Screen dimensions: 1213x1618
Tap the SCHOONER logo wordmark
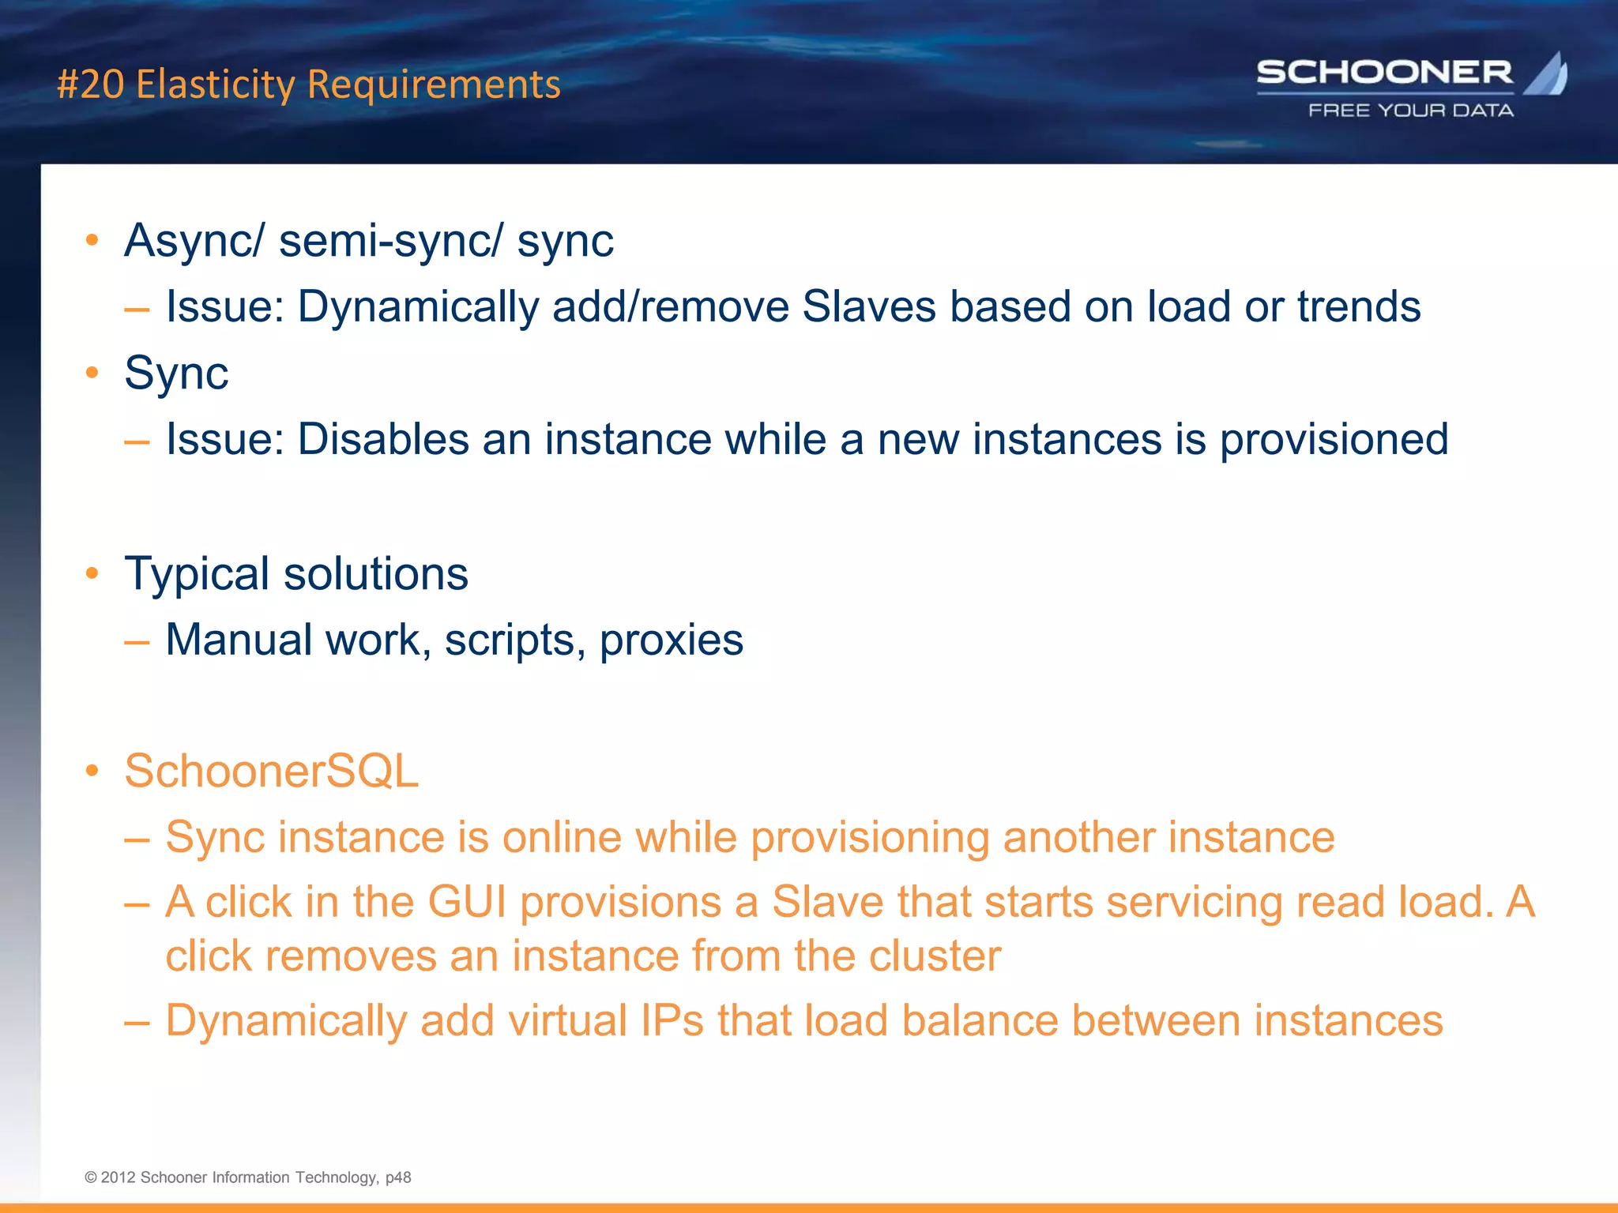(x=1384, y=73)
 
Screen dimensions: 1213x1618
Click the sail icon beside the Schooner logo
(x=1547, y=73)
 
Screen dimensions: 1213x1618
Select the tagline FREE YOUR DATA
(x=1411, y=111)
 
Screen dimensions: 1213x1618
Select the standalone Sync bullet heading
(x=176, y=373)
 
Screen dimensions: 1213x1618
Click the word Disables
(x=382, y=439)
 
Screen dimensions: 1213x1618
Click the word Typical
(x=197, y=574)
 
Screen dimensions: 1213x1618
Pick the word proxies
(x=671, y=640)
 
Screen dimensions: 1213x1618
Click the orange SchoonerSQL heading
(x=271, y=771)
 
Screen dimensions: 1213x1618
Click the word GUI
(x=467, y=902)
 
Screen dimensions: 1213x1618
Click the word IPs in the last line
(x=672, y=1020)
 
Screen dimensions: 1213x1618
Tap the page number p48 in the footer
(x=398, y=1177)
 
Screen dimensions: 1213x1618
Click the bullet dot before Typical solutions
(x=92, y=573)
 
